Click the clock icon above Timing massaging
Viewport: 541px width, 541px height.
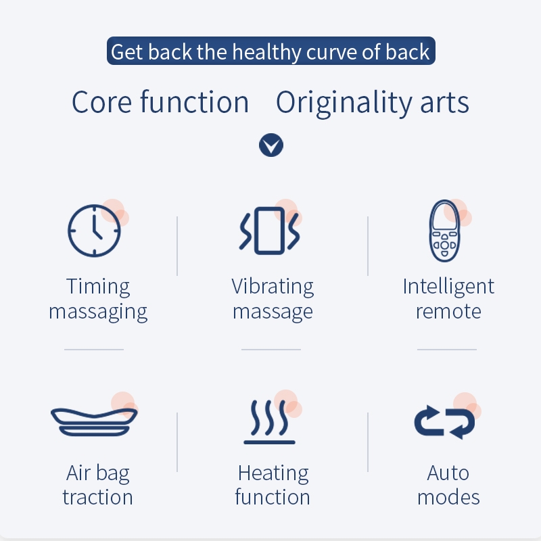[94, 230]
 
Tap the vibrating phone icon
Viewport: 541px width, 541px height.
[269, 231]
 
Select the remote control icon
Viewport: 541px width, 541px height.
[444, 231]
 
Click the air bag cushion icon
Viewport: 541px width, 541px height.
[94, 422]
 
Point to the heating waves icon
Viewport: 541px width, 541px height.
[269, 422]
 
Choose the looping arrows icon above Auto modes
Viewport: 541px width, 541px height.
[444, 422]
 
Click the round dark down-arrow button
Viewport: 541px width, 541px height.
[271, 145]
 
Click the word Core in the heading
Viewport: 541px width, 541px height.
[102, 102]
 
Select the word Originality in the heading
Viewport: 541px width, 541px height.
[344, 103]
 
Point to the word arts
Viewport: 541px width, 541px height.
[444, 103]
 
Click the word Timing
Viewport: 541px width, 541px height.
[98, 287]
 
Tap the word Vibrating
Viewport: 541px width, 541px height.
[273, 287]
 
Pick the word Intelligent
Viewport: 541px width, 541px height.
[448, 287]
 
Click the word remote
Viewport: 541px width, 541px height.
[448, 312]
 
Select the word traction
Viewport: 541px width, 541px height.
[97, 497]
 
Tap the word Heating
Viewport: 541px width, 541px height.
[273, 473]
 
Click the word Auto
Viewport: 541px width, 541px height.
[448, 473]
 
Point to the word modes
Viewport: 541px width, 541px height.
[448, 497]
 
